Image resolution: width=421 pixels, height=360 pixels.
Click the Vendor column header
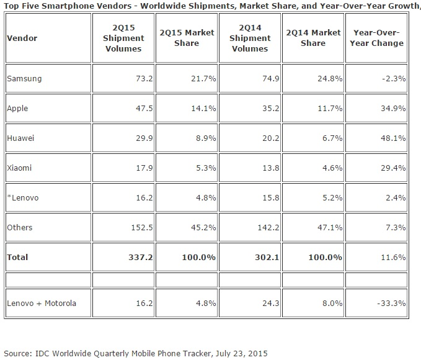(x=22, y=38)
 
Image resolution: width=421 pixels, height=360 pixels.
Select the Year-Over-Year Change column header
(x=376, y=38)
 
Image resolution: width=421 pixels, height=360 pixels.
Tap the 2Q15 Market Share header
(x=187, y=38)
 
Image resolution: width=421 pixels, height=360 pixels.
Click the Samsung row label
(x=24, y=79)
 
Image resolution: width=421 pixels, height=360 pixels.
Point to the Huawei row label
(x=20, y=138)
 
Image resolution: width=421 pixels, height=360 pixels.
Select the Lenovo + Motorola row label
(x=42, y=304)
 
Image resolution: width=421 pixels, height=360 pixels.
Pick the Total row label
(x=17, y=258)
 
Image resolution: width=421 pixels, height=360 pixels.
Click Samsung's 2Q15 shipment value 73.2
(x=144, y=79)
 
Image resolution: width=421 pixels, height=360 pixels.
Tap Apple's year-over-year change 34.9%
(x=393, y=109)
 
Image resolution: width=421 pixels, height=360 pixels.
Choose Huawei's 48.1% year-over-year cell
(x=393, y=138)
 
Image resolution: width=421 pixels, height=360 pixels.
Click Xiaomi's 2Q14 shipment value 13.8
(x=270, y=168)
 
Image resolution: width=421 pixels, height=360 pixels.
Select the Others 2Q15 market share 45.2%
(x=203, y=227)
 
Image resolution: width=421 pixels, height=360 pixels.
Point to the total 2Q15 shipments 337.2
(x=141, y=258)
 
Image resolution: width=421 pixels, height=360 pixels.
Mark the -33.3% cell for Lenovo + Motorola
(x=391, y=304)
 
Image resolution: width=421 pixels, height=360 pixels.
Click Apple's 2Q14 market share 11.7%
(x=330, y=109)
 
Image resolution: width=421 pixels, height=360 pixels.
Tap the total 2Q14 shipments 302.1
(x=267, y=258)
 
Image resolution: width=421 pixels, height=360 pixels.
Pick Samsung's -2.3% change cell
(x=394, y=79)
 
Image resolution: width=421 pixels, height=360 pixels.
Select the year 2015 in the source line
(x=258, y=353)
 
